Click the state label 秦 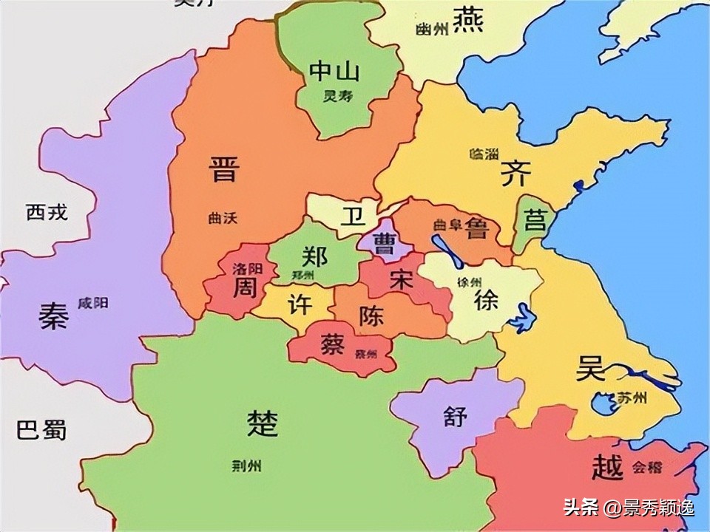pyautogui.click(x=53, y=317)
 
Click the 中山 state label pyautogui.click(x=334, y=72)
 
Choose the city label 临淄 pyautogui.click(x=484, y=154)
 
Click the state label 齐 pyautogui.click(x=515, y=175)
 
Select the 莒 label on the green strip pyautogui.click(x=534, y=220)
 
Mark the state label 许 pyautogui.click(x=299, y=304)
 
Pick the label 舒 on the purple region pyautogui.click(x=456, y=416)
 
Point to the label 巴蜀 pyautogui.click(x=41, y=429)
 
